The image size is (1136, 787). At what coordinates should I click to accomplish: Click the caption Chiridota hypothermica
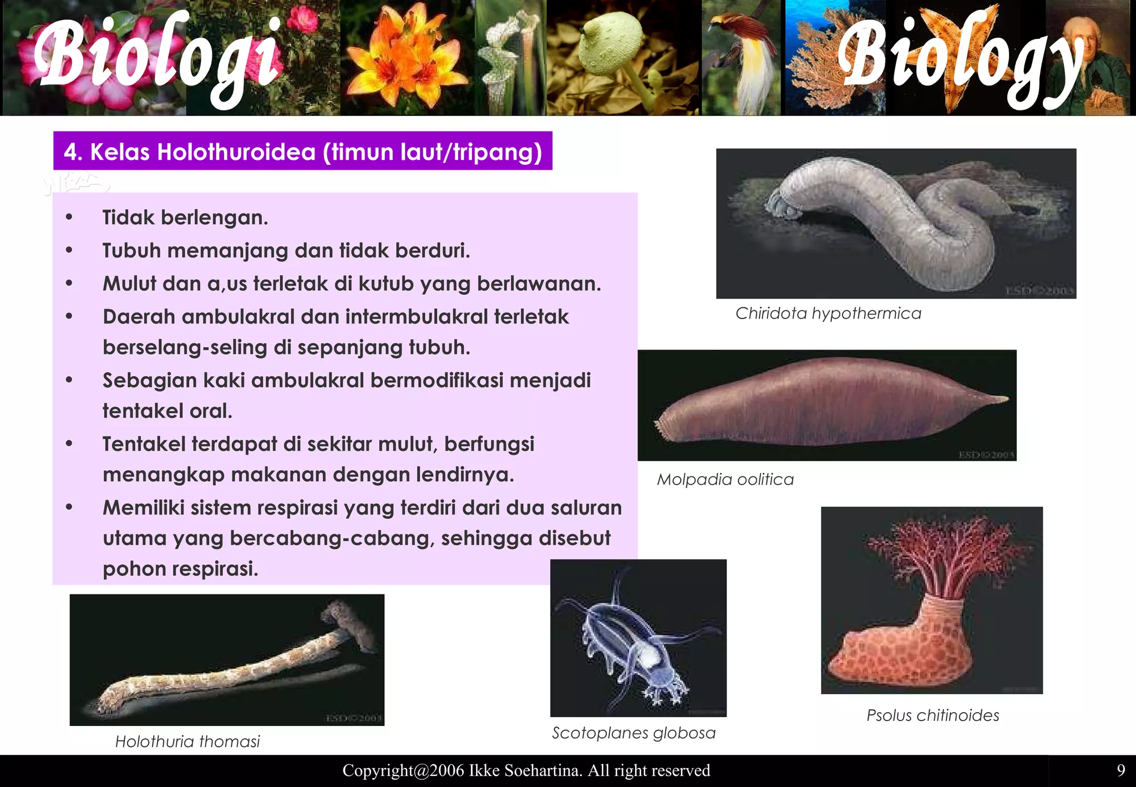(828, 314)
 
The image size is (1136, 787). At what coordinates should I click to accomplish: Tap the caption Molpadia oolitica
(725, 480)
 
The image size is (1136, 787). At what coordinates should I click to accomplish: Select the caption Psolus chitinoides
(932, 715)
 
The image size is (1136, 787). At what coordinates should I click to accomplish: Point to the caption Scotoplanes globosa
(633, 733)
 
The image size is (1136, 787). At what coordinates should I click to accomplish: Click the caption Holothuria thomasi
(187, 741)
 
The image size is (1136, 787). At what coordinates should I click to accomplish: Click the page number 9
(1120, 770)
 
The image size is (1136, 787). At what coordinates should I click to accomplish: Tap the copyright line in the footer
(526, 770)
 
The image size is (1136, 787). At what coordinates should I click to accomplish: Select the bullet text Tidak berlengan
(185, 218)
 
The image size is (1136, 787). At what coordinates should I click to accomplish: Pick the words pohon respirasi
(180, 569)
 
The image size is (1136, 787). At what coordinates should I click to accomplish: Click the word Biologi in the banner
(158, 58)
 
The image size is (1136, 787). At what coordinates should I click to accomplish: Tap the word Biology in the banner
(960, 61)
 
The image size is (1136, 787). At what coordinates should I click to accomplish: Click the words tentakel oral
(168, 411)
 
